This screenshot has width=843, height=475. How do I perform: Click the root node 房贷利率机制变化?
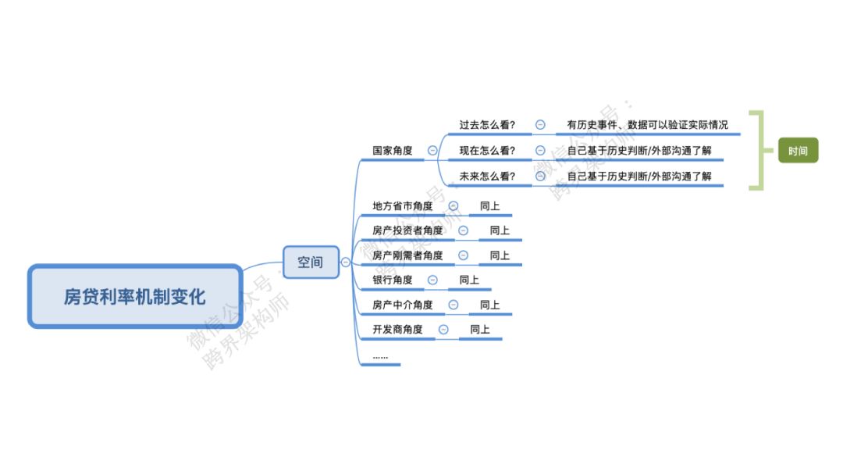click(134, 297)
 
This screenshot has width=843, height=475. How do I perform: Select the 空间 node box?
click(310, 262)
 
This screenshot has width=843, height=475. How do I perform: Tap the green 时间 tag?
click(798, 150)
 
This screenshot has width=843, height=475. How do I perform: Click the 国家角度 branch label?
click(392, 151)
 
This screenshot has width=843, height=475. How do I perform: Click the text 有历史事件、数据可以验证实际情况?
click(647, 125)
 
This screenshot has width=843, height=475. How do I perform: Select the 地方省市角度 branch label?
click(402, 206)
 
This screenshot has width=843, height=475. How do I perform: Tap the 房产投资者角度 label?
click(407, 230)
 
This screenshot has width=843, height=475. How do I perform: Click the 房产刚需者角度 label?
click(407, 255)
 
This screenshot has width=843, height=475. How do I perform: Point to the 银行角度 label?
click(392, 280)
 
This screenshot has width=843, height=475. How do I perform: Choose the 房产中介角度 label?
click(402, 305)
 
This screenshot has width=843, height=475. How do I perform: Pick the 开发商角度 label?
click(397, 330)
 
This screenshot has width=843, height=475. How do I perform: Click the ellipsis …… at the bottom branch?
click(380, 356)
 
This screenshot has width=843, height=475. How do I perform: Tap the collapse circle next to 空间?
click(346, 262)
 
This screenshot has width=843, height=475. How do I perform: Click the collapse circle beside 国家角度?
click(432, 151)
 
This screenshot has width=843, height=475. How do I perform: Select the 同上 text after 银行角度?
click(469, 280)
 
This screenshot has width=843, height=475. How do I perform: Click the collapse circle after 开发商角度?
click(443, 330)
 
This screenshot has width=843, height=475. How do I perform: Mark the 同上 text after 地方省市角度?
click(489, 206)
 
